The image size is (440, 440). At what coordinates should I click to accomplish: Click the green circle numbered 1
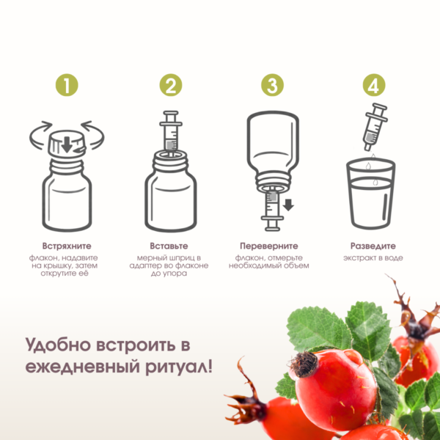click(67, 85)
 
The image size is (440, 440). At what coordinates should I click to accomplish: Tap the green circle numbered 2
click(171, 85)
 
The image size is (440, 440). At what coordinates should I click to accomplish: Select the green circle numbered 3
click(272, 85)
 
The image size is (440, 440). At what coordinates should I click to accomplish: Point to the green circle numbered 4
click(374, 85)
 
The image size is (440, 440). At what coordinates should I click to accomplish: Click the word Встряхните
click(67, 246)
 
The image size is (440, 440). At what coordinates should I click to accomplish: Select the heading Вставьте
click(169, 246)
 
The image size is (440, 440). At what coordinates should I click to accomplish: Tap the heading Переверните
click(269, 246)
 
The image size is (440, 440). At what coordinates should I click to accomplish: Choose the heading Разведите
click(373, 246)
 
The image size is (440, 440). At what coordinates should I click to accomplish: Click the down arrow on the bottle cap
click(67, 144)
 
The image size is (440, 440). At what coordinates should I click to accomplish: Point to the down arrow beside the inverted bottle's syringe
click(288, 205)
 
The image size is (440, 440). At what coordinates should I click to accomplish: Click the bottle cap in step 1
click(67, 144)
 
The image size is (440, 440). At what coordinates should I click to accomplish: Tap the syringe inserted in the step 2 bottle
click(171, 132)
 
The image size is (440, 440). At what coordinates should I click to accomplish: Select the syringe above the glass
click(375, 127)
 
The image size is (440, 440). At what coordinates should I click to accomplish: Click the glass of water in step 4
click(370, 193)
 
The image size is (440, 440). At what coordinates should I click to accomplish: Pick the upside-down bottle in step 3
click(273, 152)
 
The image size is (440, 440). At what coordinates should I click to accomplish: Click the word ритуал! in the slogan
click(179, 367)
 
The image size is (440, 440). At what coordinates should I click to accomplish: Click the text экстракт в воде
click(373, 258)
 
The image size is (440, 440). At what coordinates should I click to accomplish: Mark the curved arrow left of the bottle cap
click(41, 135)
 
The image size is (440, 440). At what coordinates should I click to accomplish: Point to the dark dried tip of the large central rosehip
click(304, 364)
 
